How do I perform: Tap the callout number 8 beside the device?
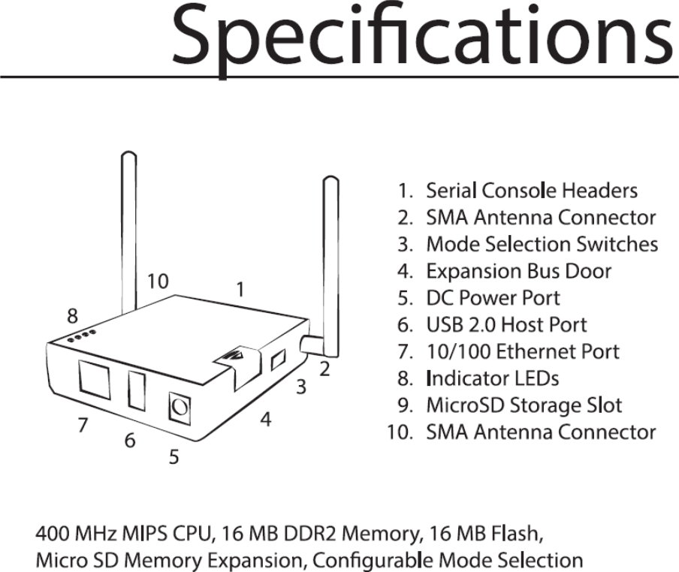pyautogui.click(x=72, y=312)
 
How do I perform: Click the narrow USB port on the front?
pyautogui.click(x=136, y=390)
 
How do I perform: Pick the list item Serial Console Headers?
pyautogui.click(x=531, y=191)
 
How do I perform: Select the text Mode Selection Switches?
pyautogui.click(x=542, y=245)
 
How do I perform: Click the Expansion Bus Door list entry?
pyautogui.click(x=518, y=271)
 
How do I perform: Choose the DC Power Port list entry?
pyautogui.click(x=493, y=298)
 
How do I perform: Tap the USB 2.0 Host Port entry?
pyautogui.click(x=506, y=325)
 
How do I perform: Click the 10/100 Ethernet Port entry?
pyautogui.click(x=523, y=351)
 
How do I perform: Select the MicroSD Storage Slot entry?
pyautogui.click(x=524, y=405)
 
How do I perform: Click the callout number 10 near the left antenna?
pyautogui.click(x=158, y=281)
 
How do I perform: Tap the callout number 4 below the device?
pyautogui.click(x=265, y=420)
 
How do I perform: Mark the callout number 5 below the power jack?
pyautogui.click(x=174, y=456)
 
